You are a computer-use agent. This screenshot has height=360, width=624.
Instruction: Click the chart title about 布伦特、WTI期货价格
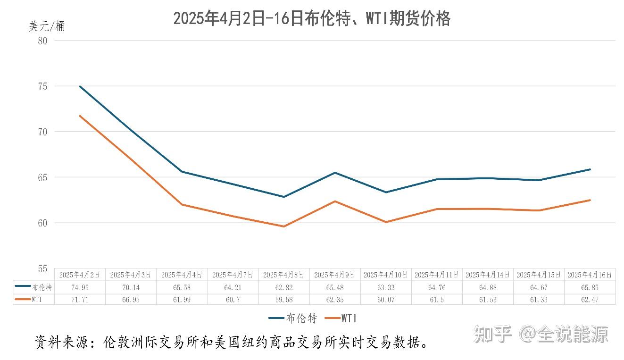[311, 19]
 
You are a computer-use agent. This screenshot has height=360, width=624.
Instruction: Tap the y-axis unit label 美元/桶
[47, 26]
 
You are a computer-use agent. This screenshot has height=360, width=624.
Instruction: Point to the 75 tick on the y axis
[43, 86]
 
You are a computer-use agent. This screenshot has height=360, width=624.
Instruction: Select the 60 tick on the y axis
[43, 223]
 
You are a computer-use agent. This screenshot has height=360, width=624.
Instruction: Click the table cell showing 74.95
[80, 287]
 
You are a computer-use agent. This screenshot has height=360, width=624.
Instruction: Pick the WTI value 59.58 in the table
[284, 300]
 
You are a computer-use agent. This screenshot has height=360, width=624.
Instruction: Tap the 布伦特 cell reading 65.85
[590, 287]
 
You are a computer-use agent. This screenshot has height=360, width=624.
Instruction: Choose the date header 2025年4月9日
[335, 275]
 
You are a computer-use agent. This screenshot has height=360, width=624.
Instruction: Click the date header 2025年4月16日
[590, 275]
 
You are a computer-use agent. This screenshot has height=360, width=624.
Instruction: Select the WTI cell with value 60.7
[233, 300]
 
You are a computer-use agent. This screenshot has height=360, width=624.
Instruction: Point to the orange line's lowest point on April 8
[284, 226]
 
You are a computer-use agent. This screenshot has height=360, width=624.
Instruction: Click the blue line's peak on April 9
[335, 173]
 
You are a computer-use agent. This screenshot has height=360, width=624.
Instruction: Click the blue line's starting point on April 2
[80, 86]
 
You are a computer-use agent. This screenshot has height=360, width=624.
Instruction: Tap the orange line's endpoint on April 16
[590, 200]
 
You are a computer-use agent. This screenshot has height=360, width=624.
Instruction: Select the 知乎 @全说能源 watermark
[541, 334]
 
